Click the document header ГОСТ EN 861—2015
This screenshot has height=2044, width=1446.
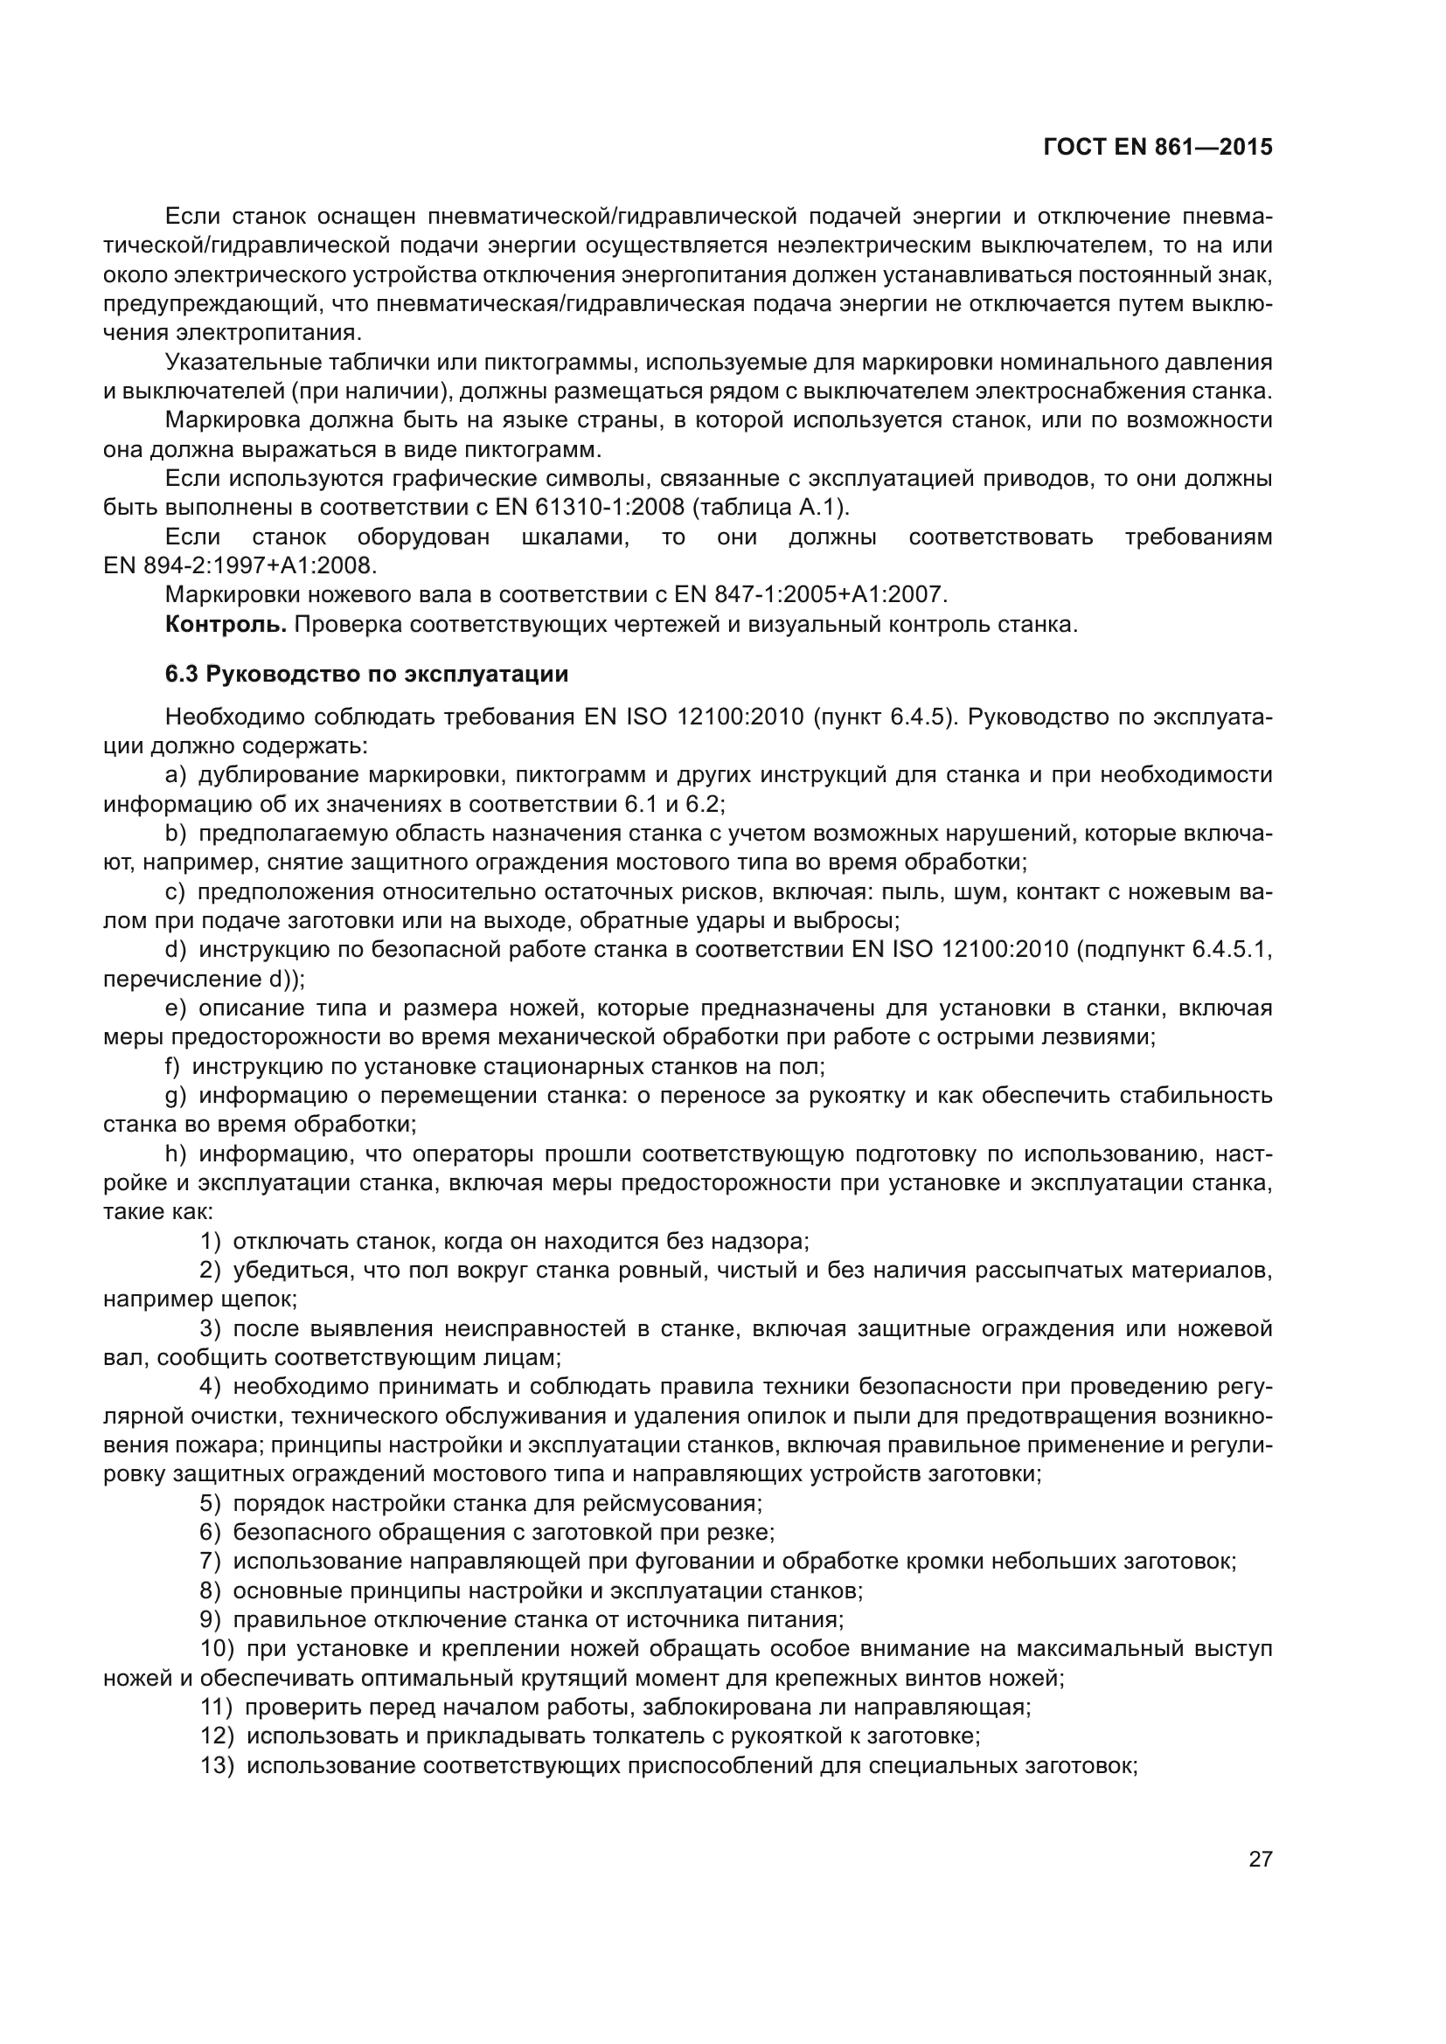1157,147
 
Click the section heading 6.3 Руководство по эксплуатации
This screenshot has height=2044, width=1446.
366,674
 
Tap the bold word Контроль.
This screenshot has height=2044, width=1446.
226,624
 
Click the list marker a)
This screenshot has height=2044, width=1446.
176,774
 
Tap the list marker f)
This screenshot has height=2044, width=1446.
173,1065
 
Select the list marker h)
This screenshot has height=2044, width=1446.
176,1154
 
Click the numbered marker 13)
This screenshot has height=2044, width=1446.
218,1765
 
